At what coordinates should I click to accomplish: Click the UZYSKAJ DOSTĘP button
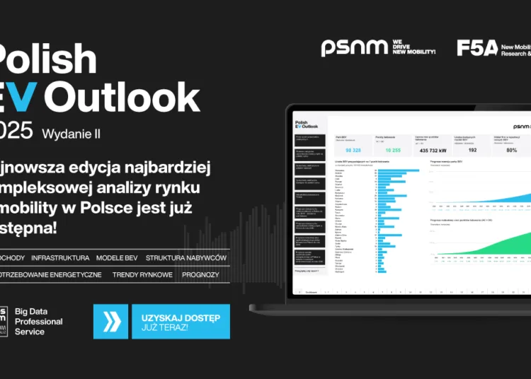pyautogui.click(x=181, y=322)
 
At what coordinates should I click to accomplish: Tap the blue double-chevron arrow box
pyautogui.click(x=111, y=322)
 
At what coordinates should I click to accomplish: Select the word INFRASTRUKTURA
pyautogui.click(x=60, y=257)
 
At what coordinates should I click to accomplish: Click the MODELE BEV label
pyautogui.click(x=118, y=257)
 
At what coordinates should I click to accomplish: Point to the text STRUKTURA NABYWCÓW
pyautogui.click(x=186, y=257)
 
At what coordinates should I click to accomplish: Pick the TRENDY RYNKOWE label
pyautogui.click(x=142, y=274)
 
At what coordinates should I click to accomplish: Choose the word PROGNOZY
pyautogui.click(x=200, y=274)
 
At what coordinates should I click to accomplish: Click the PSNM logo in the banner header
pyautogui.click(x=354, y=48)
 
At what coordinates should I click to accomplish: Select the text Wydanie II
pyautogui.click(x=72, y=133)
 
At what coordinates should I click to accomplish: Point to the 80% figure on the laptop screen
pyautogui.click(x=511, y=150)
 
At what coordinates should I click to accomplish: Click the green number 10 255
pyautogui.click(x=393, y=150)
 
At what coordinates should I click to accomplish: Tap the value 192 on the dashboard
pyautogui.click(x=472, y=150)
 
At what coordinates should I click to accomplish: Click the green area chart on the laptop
pyautogui.click(x=496, y=244)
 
